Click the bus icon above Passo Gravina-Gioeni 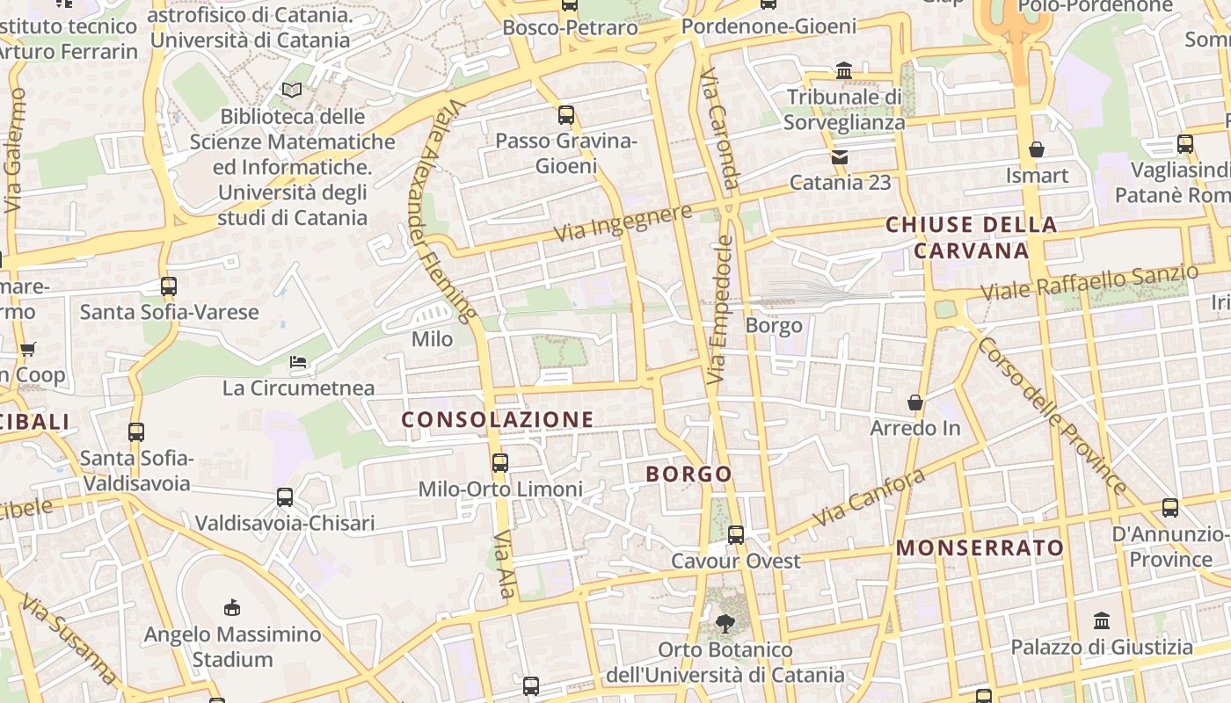coord(566,115)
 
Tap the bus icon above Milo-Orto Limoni coord(500,462)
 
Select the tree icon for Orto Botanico coord(725,624)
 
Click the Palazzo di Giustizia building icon coord(1102,620)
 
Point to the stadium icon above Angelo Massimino coord(232,607)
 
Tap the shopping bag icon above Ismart coord(1037,149)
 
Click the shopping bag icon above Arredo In coord(915,402)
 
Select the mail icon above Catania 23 coord(840,157)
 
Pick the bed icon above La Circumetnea coord(298,362)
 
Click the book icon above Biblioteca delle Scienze coord(292,90)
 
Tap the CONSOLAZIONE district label coord(498,419)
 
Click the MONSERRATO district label coord(980,548)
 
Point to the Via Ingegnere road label coord(623,223)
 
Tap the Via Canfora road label coord(869,497)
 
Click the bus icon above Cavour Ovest coord(736,534)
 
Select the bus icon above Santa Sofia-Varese coord(169,286)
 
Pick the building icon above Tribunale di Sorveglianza coord(844,70)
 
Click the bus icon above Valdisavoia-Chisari coord(285,497)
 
